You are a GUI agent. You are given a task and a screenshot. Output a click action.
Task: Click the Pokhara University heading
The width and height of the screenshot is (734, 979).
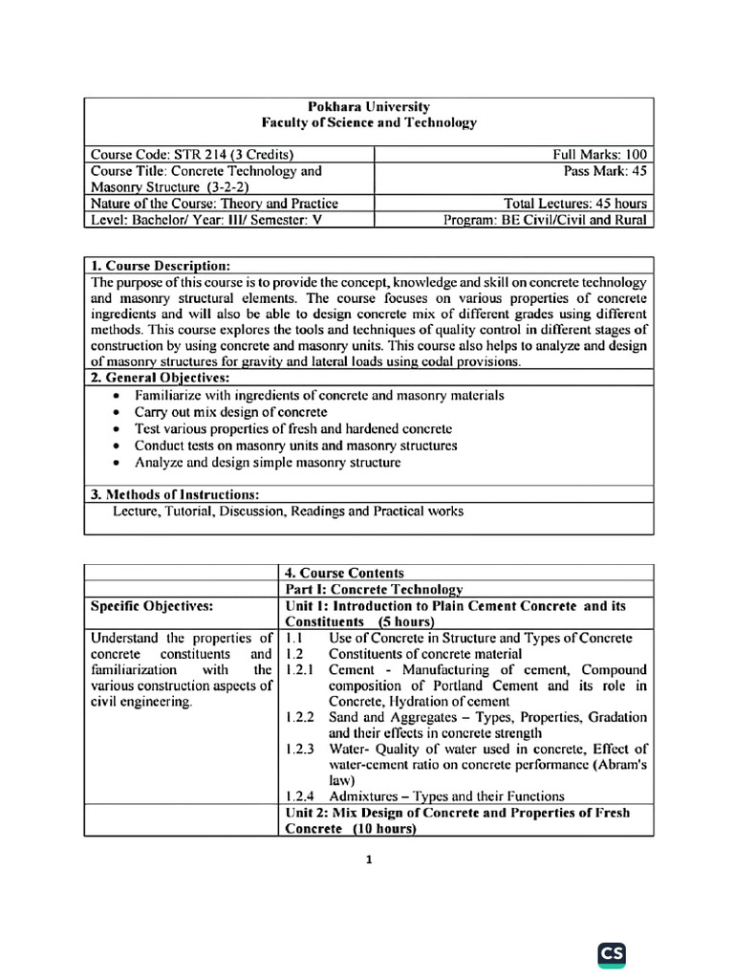coord(369,106)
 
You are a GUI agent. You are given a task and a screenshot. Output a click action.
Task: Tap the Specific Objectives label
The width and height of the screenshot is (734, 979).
coord(152,606)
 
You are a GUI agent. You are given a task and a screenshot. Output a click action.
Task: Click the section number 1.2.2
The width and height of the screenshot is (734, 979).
coord(302,717)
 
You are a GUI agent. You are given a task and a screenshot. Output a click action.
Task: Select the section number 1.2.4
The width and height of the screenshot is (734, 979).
coord(302,795)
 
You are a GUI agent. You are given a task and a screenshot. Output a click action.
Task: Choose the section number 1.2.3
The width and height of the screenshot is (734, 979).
coord(302,749)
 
